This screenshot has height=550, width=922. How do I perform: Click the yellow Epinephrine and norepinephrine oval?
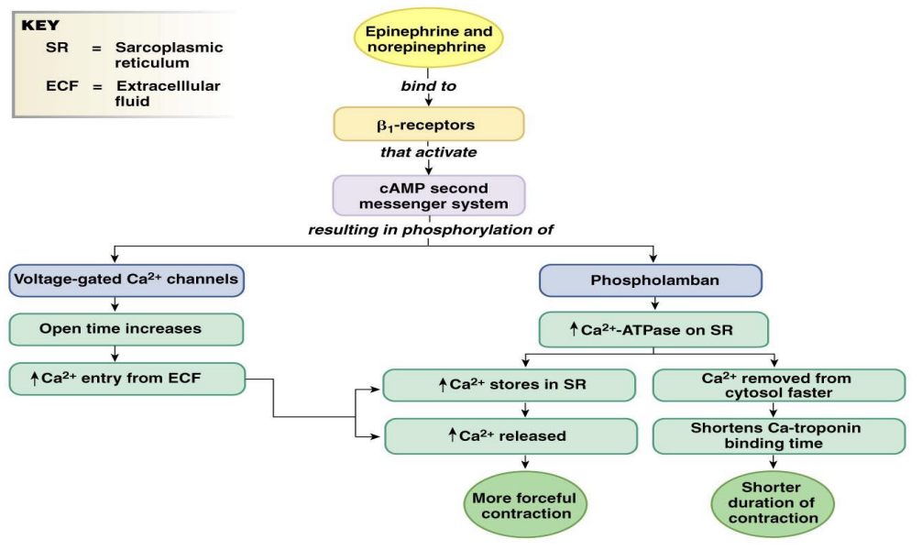(428, 39)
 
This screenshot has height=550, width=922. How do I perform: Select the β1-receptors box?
(428, 123)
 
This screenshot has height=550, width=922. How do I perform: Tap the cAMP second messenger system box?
(428, 193)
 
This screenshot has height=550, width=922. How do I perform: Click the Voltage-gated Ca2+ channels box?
(126, 280)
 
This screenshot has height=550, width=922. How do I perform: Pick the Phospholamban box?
(650, 280)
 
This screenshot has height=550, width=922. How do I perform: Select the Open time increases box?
(126, 328)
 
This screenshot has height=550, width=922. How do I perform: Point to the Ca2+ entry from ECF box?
(126, 378)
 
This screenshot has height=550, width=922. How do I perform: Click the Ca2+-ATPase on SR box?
(651, 329)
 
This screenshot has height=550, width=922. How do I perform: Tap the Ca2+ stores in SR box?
(510, 385)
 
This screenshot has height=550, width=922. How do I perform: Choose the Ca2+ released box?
(510, 436)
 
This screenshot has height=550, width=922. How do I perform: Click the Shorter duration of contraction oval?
(773, 502)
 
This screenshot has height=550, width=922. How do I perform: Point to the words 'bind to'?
(428, 86)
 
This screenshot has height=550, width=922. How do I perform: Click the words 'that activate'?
(428, 152)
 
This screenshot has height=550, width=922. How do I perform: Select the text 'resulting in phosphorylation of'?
(428, 229)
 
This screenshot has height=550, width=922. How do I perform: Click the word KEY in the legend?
(40, 25)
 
